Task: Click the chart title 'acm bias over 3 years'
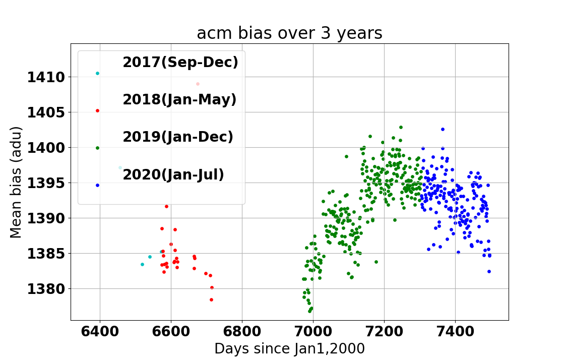pos(289,33)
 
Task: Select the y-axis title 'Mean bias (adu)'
pos(16,183)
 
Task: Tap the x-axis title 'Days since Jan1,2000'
pos(289,349)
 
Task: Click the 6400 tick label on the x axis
pos(99,331)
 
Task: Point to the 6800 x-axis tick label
pos(242,331)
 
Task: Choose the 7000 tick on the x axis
pos(313,331)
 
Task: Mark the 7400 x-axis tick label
pos(456,331)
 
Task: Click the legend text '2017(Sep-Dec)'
pos(180,62)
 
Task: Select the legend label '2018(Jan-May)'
pos(179,99)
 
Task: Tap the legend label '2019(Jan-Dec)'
pos(178,137)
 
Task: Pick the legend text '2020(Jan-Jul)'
pos(173,174)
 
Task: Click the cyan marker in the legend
pos(97,74)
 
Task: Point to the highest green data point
pos(401,127)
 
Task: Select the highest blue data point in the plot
pos(443,130)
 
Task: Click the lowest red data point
pos(211,300)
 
